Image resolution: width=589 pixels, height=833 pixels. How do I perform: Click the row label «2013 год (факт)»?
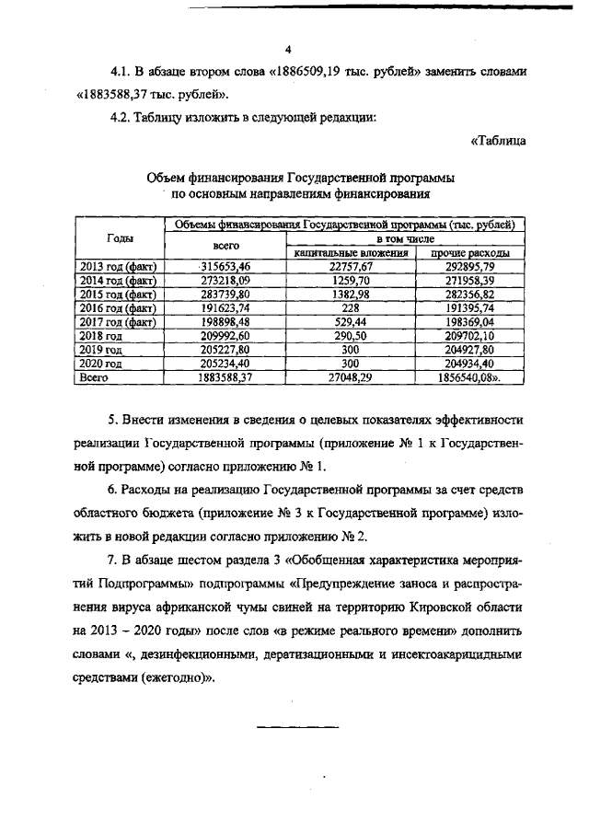click(118, 266)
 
